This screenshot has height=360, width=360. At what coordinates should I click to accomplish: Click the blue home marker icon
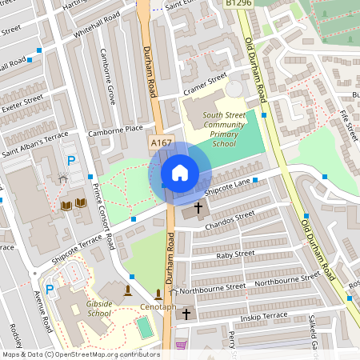pos(179,172)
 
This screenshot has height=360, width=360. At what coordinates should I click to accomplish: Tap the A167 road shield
pos(161,142)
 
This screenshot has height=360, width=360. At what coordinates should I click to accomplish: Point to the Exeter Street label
pos(22,103)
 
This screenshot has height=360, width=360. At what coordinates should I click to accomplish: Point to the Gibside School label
pos(98,309)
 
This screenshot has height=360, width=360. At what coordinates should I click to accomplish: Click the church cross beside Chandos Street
pos(198,207)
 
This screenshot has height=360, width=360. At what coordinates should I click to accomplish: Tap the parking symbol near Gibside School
pos(50,289)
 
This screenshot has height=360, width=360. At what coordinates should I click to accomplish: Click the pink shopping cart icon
pos(181,345)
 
